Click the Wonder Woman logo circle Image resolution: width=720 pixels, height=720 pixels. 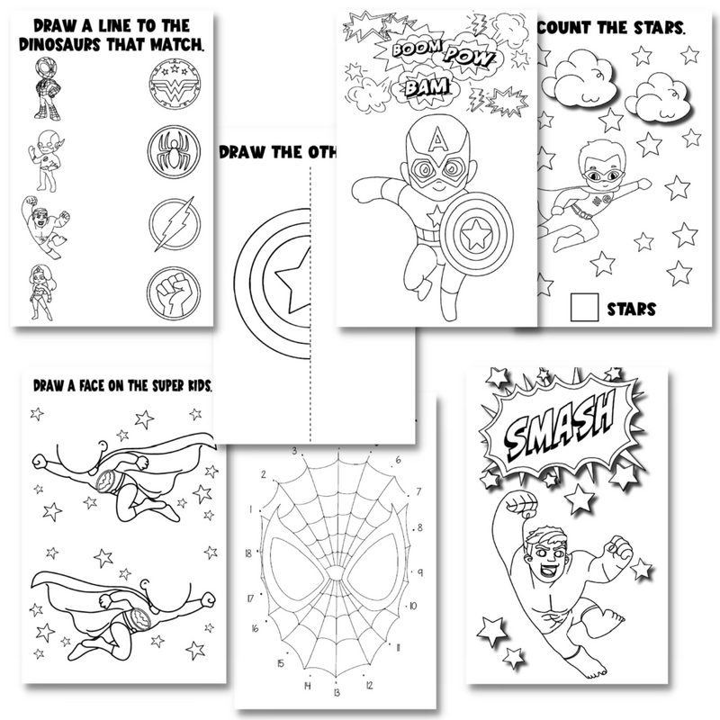pos(170,85)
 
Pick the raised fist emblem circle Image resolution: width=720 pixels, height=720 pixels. pos(170,290)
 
